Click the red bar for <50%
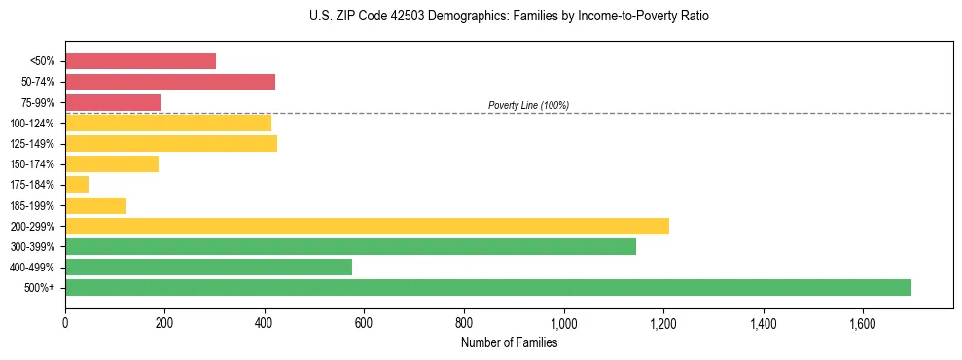tap(140, 61)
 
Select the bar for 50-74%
tap(170, 82)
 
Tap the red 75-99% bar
tap(113, 102)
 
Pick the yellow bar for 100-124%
tap(168, 123)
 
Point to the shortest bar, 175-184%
tap(77, 185)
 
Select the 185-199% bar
tap(95, 205)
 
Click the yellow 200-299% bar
tap(367, 226)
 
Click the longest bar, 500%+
tap(487, 287)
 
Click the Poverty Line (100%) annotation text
tap(528, 105)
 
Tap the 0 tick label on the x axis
tap(65, 323)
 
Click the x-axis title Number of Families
tap(509, 342)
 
